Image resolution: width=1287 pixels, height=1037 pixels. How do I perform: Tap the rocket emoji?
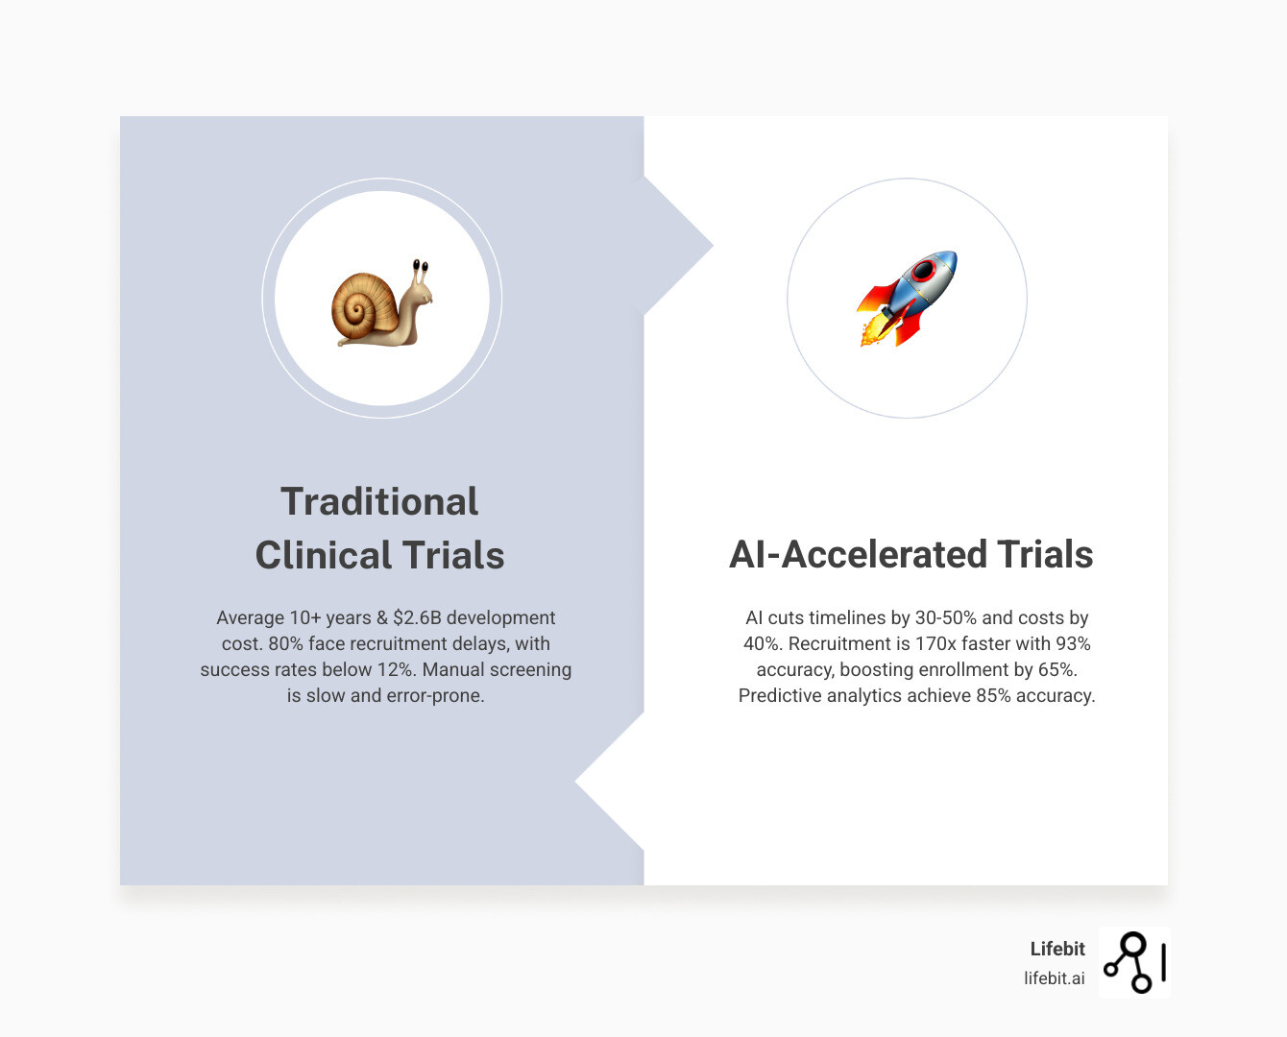pyautogui.click(x=908, y=299)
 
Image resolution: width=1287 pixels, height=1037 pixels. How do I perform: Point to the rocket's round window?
pyautogui.click(x=924, y=271)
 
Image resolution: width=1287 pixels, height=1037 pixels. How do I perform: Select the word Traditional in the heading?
pyautogui.click(x=379, y=501)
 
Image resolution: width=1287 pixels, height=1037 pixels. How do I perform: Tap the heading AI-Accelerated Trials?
pyautogui.click(x=911, y=554)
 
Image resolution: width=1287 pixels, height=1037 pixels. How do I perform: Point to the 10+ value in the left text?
pyautogui.click(x=304, y=617)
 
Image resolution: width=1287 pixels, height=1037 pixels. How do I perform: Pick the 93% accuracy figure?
pyautogui.click(x=1073, y=643)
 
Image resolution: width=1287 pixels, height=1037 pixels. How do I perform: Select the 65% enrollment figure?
pyautogui.click(x=1056, y=669)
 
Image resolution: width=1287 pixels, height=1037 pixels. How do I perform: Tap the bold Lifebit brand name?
pyautogui.click(x=1057, y=949)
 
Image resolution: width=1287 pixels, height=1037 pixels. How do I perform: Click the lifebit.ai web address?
pyautogui.click(x=1055, y=978)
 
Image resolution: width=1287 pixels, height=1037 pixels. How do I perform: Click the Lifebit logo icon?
pyautogui.click(x=1134, y=962)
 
